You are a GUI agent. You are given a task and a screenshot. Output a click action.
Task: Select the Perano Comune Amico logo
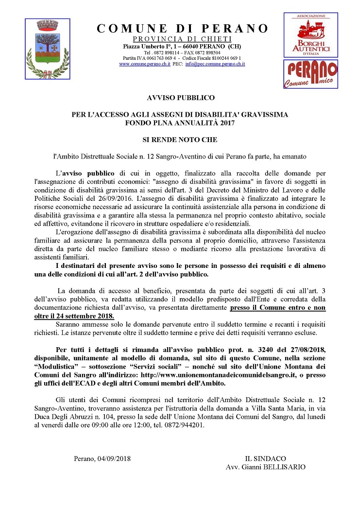click(310, 74)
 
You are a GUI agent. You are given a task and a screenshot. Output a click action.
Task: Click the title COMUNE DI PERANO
click(183, 29)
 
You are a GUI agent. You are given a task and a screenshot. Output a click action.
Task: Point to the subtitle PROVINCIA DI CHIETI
click(183, 39)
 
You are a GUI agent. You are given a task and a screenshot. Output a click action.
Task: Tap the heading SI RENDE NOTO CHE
click(180, 140)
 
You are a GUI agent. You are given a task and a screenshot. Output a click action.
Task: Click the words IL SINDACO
click(266, 459)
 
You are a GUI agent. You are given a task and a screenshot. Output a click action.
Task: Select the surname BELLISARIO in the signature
click(283, 467)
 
